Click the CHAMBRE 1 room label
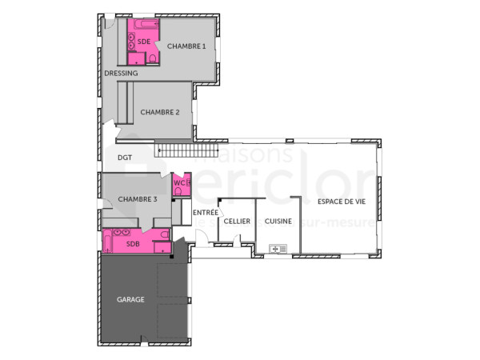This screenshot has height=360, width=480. click(x=186, y=46)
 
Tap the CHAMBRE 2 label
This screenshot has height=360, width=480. click(x=159, y=112)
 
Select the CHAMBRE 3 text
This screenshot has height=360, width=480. click(x=138, y=198)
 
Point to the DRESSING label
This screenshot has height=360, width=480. click(x=121, y=73)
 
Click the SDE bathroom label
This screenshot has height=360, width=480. click(x=144, y=41)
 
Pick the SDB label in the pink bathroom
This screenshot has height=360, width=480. click(x=133, y=245)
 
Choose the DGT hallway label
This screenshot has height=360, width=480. click(x=125, y=158)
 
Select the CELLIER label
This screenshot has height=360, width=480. click(x=237, y=221)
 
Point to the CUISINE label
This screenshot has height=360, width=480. click(x=278, y=221)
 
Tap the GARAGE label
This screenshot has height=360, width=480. click(x=130, y=299)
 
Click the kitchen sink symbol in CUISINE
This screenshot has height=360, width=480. click(x=278, y=249)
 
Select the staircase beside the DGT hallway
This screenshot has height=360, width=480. click(x=188, y=150)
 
